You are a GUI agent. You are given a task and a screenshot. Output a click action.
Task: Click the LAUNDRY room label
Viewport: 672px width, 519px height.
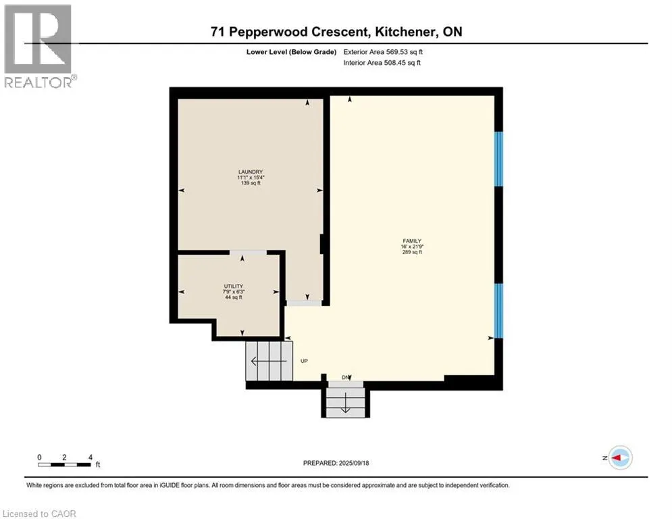point(251,172)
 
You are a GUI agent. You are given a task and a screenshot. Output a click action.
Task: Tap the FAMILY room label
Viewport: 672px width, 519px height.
point(412,241)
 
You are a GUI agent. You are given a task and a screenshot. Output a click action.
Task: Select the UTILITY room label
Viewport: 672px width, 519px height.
point(234,286)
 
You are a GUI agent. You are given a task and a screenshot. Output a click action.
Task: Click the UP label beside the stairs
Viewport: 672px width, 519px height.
point(304,361)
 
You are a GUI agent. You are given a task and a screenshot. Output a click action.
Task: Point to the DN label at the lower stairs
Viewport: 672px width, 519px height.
point(345,378)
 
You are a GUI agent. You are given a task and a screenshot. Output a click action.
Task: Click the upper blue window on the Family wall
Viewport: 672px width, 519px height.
point(498,159)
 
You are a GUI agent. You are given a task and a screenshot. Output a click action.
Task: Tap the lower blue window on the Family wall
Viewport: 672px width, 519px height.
point(498,311)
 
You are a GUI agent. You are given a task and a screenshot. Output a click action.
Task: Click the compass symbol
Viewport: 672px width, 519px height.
point(620,458)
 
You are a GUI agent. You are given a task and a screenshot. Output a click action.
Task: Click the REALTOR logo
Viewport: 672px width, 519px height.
point(38,46)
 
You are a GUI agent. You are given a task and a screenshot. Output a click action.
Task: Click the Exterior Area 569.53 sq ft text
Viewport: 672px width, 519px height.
point(383,52)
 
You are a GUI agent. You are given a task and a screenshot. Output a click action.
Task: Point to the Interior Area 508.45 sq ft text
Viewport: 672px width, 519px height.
point(382,63)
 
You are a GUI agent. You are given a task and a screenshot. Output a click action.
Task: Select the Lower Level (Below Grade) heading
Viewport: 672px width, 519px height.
point(292,52)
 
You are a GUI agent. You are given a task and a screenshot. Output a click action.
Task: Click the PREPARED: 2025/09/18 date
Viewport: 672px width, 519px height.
point(336,463)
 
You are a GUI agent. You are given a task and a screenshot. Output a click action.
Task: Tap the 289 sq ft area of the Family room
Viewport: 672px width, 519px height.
point(412,252)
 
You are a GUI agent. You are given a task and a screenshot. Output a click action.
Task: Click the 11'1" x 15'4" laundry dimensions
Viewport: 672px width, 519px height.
point(251,178)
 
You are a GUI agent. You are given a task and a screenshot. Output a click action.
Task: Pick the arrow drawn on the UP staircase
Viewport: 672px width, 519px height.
point(269,361)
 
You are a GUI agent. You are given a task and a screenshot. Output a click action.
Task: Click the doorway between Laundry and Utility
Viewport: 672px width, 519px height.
point(248,253)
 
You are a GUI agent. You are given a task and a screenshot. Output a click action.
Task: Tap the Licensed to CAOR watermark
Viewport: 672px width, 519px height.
point(39,514)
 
